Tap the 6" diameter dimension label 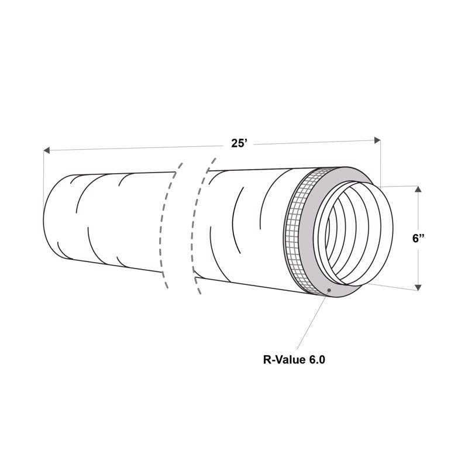click(x=418, y=238)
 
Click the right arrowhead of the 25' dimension click(x=377, y=140)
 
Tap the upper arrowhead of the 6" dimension click(x=418, y=190)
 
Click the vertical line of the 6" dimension click(x=418, y=263)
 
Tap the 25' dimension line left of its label click(x=135, y=147)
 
